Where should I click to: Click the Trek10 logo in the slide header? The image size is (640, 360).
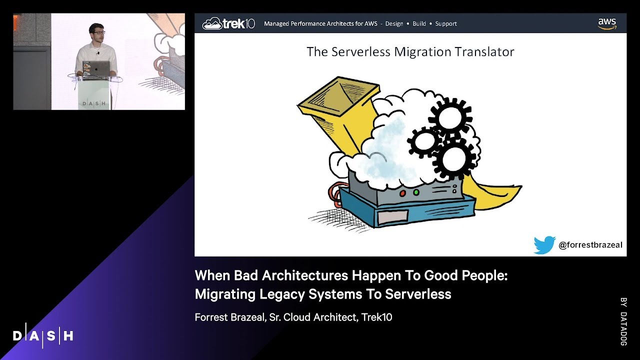[x=228, y=23]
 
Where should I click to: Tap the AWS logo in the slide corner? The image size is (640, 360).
[x=607, y=23]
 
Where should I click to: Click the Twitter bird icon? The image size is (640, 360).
[x=544, y=245]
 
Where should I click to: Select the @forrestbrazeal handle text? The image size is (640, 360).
[x=590, y=245]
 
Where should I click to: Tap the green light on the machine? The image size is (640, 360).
[x=415, y=191]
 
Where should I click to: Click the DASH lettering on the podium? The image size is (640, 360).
[x=94, y=103]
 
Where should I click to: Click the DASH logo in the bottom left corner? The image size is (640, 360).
[x=43, y=335]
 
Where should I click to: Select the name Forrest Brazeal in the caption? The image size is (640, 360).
[x=228, y=317]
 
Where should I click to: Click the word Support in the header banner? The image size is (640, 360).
[x=446, y=23]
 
